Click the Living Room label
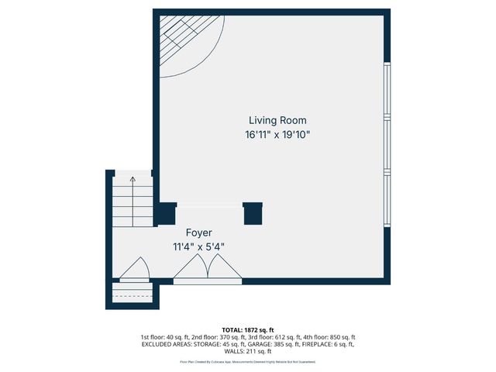click(277, 120)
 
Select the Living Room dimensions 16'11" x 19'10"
click(277, 134)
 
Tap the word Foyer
click(198, 232)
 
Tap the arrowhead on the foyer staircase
click(133, 180)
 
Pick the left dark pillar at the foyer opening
click(166, 213)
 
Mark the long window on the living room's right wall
click(387, 144)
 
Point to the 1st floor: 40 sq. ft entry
click(164, 337)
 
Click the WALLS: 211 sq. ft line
click(247, 351)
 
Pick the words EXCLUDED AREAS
click(167, 344)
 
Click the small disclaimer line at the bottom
click(247, 362)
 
